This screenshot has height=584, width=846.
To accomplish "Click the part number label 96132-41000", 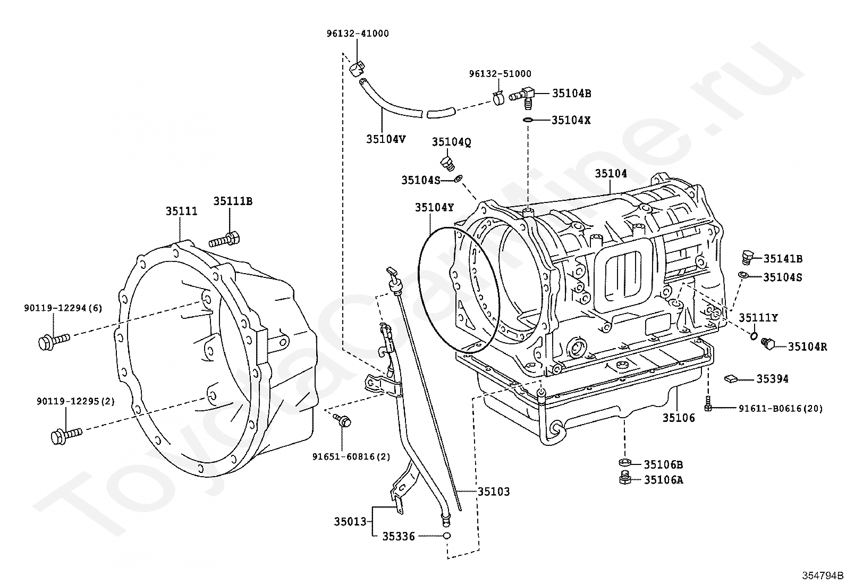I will [x=357, y=33].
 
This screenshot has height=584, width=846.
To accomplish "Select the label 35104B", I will [x=571, y=94].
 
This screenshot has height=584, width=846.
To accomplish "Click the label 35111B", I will [x=233, y=201].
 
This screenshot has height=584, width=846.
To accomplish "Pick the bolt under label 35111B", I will [x=225, y=240].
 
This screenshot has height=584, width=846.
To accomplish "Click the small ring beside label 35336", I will [x=447, y=536].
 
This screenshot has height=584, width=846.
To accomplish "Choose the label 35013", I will [x=350, y=522].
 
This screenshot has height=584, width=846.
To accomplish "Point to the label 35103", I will [x=493, y=492].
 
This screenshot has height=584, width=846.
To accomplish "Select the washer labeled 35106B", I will [x=625, y=463].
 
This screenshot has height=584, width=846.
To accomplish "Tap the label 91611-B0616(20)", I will [x=781, y=408].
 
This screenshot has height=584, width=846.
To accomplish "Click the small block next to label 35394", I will [x=731, y=378].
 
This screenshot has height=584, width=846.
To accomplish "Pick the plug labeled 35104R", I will [x=768, y=344].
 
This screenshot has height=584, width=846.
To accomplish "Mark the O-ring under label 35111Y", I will [x=754, y=335].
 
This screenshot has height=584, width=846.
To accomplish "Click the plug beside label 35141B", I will [x=747, y=258].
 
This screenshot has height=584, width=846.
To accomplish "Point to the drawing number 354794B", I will [x=823, y=575].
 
